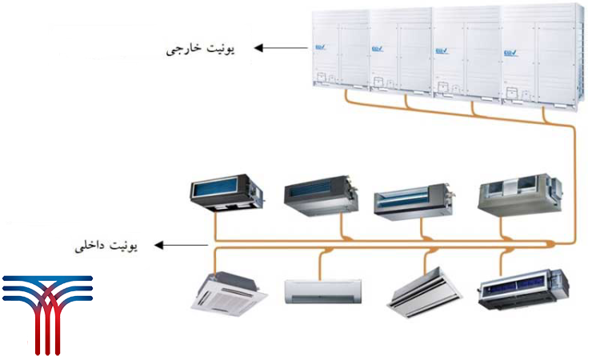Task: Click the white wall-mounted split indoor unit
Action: pyautogui.click(x=323, y=290)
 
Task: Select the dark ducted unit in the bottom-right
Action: pyautogui.click(x=524, y=290)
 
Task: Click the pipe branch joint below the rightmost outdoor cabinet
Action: pyautogui.click(x=548, y=112)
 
